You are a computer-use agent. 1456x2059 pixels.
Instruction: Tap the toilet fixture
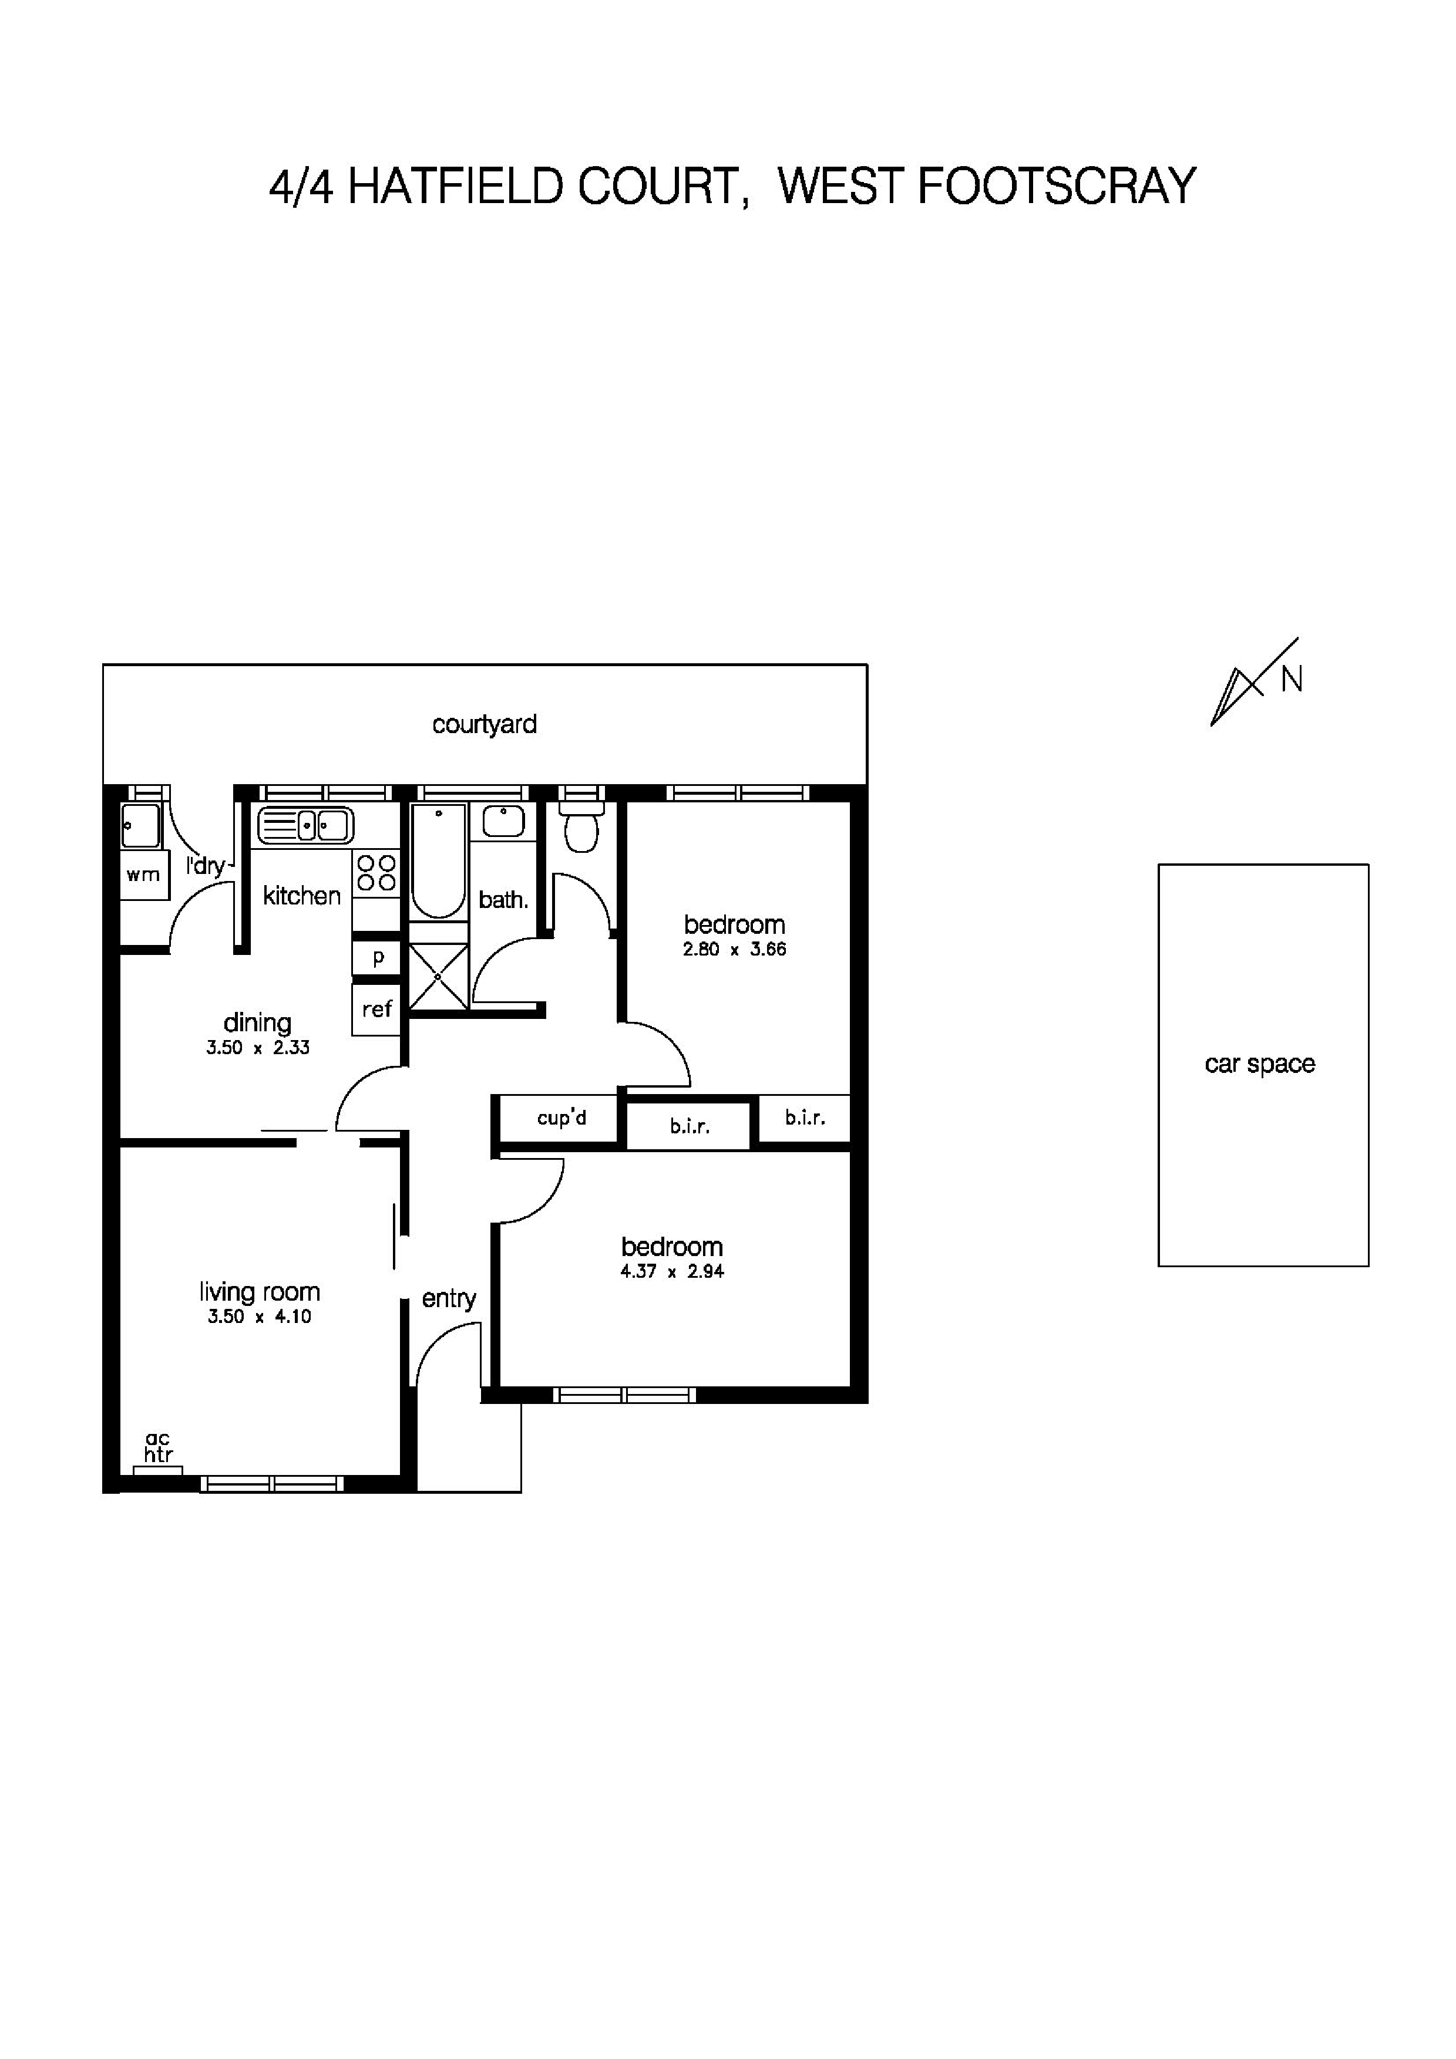[581, 829]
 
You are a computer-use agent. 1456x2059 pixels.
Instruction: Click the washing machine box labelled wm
[143, 875]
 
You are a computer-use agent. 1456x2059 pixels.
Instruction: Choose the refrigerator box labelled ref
[377, 1010]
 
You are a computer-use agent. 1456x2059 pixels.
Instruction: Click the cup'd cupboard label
[561, 1118]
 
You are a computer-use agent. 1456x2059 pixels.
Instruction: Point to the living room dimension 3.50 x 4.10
[259, 1317]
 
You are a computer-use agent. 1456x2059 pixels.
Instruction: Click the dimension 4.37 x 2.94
[672, 1271]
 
